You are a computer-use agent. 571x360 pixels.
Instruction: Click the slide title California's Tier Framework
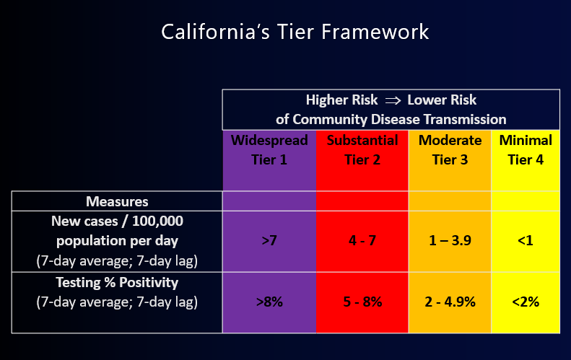click(x=295, y=32)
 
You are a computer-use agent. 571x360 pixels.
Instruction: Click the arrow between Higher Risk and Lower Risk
click(x=393, y=100)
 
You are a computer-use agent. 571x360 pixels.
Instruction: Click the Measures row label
click(x=117, y=201)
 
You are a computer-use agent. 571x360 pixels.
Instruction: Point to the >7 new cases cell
click(x=269, y=241)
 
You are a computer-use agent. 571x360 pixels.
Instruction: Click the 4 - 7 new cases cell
click(x=362, y=241)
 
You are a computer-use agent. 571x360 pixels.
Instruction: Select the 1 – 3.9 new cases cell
click(x=450, y=241)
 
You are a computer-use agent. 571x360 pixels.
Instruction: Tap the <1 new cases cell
click(x=526, y=241)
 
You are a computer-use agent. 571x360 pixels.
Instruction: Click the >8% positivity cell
click(x=269, y=302)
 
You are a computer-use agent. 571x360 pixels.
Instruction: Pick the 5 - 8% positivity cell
click(x=362, y=302)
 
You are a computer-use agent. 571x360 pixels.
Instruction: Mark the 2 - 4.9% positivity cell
click(x=450, y=302)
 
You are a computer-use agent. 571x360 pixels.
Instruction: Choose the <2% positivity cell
click(x=526, y=302)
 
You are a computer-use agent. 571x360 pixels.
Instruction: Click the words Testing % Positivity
click(x=117, y=283)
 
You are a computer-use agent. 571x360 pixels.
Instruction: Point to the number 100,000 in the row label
click(x=157, y=221)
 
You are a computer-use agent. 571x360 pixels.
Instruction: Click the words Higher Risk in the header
click(x=341, y=100)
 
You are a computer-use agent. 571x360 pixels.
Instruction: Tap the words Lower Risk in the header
click(x=442, y=100)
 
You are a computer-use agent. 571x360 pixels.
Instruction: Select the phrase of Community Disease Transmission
click(x=391, y=119)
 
